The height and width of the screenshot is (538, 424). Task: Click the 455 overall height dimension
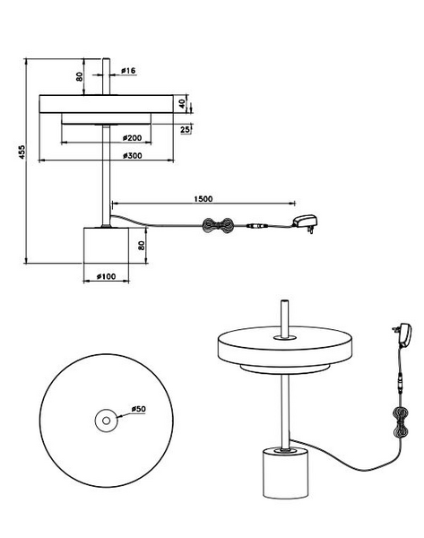click(22, 152)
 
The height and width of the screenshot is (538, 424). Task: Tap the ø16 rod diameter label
click(128, 71)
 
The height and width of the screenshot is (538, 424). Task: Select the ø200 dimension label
click(132, 138)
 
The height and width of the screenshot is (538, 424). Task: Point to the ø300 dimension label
click(132, 156)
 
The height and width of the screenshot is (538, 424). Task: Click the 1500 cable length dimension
click(203, 199)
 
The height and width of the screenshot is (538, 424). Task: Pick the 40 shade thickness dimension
click(182, 103)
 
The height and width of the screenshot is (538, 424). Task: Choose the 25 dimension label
click(185, 130)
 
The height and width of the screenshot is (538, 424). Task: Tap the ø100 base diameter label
click(106, 276)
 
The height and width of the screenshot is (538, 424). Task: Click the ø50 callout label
click(139, 409)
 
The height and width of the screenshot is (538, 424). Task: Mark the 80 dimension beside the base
click(142, 246)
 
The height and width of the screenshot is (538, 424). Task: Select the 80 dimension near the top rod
click(79, 76)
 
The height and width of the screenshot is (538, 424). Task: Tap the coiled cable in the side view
click(218, 226)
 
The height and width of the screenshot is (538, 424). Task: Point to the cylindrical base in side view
click(106, 245)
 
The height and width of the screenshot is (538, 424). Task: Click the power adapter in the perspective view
click(403, 334)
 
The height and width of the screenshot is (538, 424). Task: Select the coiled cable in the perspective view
click(401, 422)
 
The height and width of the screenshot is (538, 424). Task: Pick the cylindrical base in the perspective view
click(286, 473)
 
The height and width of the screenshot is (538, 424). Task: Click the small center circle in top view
click(107, 421)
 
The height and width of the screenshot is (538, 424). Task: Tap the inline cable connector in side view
click(258, 226)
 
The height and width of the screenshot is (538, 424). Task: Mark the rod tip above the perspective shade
click(284, 301)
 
